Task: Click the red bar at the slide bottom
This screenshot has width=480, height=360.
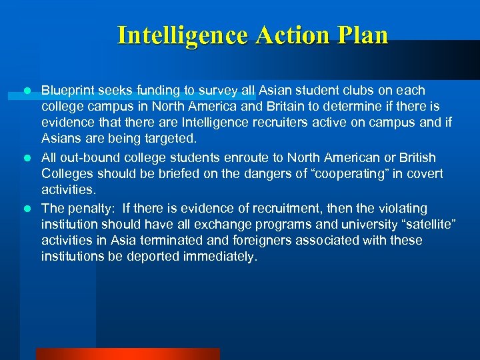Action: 127,354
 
